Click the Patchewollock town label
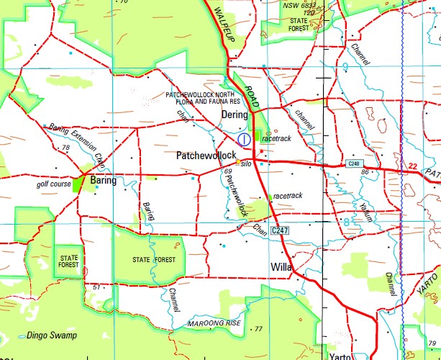[206, 156]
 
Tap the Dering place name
[235, 114]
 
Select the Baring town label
[104, 181]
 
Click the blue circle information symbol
[244, 138]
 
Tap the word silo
[246, 164]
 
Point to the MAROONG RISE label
[215, 322]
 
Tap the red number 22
[412, 166]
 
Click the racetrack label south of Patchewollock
[288, 196]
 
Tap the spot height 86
[365, 173]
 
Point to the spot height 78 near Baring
[66, 148]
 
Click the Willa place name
[280, 268]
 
